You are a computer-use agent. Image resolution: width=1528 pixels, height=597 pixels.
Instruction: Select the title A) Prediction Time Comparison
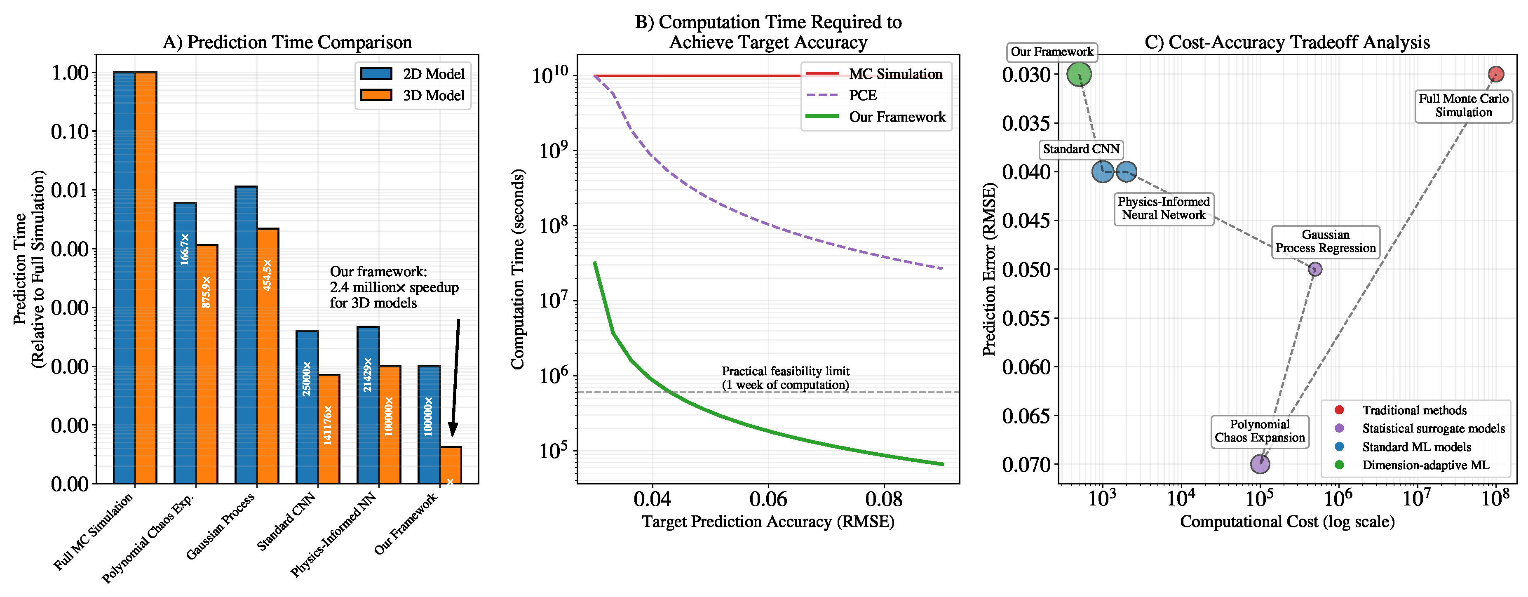point(287,42)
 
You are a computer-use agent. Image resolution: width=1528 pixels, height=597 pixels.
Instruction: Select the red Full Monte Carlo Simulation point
point(1496,74)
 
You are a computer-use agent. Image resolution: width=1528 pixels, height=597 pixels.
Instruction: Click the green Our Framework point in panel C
point(1079,74)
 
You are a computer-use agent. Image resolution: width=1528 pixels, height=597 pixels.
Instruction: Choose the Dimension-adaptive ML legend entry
point(1425,465)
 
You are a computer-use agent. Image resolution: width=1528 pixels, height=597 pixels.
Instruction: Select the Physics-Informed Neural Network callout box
point(1164,208)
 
